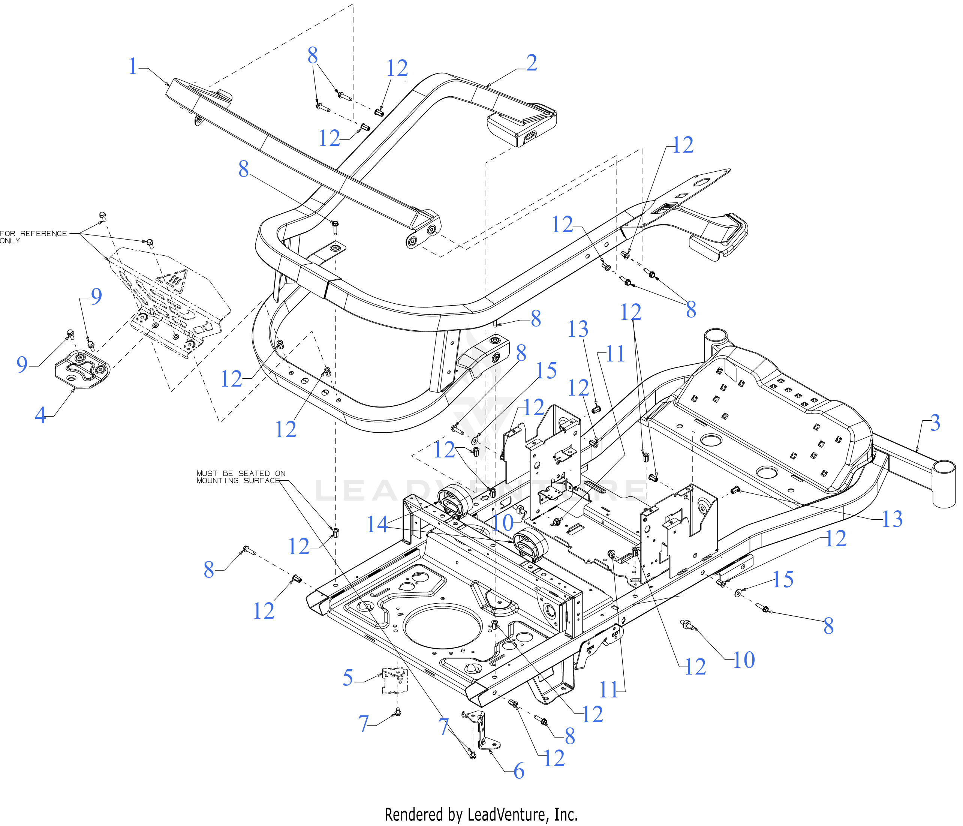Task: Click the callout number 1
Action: [x=133, y=66]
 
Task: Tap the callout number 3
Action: [x=935, y=423]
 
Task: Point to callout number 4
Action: [x=41, y=415]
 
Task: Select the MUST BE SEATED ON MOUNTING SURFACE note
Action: [x=241, y=477]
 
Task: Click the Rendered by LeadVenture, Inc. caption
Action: [x=481, y=814]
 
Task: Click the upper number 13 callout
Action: [x=578, y=330]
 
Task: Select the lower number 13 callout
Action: [x=893, y=519]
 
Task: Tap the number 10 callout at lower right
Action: [x=744, y=660]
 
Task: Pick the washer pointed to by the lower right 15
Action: [x=738, y=593]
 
